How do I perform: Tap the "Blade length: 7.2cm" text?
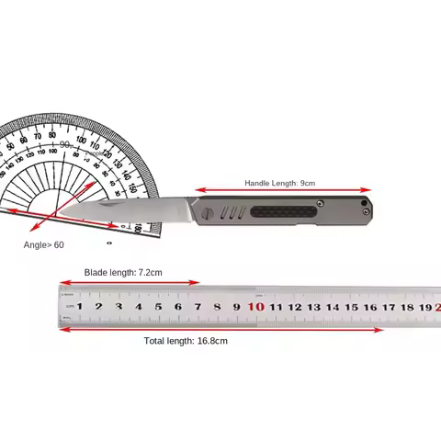pyautogui.click(x=123, y=272)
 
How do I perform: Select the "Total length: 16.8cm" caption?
pyautogui.click(x=186, y=340)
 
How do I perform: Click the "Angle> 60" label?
pyautogui.click(x=44, y=245)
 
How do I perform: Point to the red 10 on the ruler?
pyautogui.click(x=255, y=307)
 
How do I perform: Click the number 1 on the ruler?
pyautogui.click(x=79, y=307)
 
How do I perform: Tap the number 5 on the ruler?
pyautogui.click(x=158, y=307)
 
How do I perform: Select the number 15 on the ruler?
pyautogui.click(x=352, y=307)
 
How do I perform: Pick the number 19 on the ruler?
pyautogui.click(x=426, y=307)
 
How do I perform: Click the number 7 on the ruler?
pyautogui.click(x=198, y=307)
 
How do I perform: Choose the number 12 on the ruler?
pyautogui.click(x=295, y=307)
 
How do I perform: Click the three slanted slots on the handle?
pyautogui.click(x=233, y=213)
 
